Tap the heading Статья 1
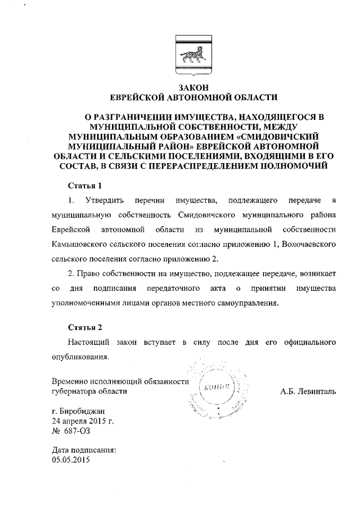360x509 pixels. pyautogui.click(x=84, y=185)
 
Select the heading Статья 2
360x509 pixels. pyautogui.click(x=84, y=327)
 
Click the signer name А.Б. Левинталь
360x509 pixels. pyautogui.click(x=308, y=391)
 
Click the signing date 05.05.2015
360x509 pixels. pyautogui.click(x=70, y=460)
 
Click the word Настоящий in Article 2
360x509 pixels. pyautogui.click(x=87, y=341)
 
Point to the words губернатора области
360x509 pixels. pyautogui.click(x=89, y=391)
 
